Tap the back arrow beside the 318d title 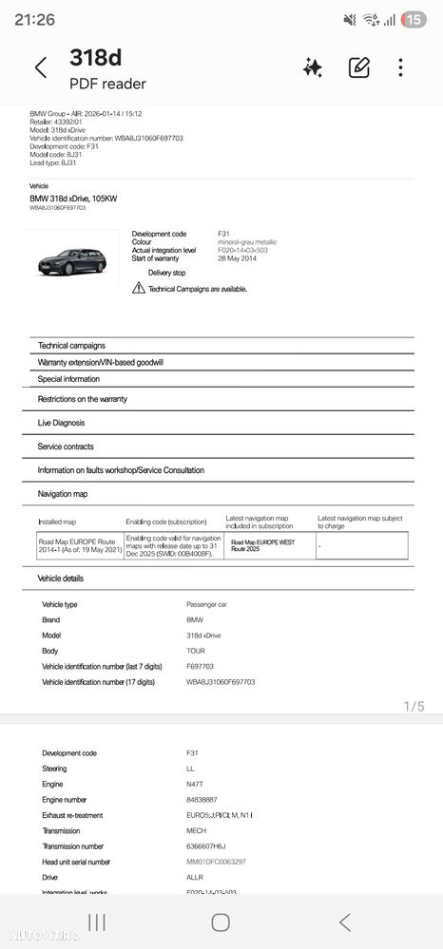pos(40,67)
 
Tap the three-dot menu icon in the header pos(401,67)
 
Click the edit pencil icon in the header pos(358,67)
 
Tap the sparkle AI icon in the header pos(312,67)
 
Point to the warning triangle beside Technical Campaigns pos(139,289)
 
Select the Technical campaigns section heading pos(71,345)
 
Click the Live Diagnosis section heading pos(61,423)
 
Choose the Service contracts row pos(66,446)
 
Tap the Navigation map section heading pos(63,494)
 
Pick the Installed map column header pos(56,522)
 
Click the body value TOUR pos(195,651)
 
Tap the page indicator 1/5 pos(414,706)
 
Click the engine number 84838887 pos(202,800)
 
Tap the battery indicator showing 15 pos(414,19)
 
